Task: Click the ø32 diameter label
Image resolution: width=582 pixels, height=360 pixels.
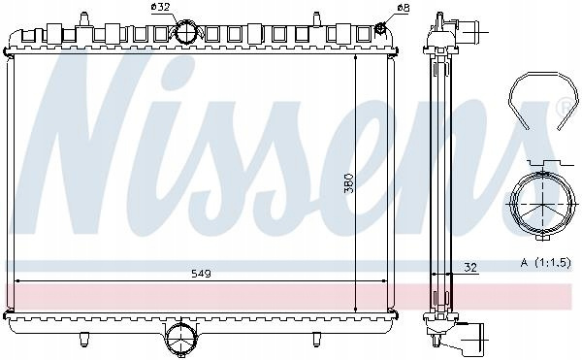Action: pyautogui.click(x=160, y=8)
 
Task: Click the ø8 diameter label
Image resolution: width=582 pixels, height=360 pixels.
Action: pyautogui.click(x=403, y=8)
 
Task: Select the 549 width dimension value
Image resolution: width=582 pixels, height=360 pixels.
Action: pyautogui.click(x=201, y=274)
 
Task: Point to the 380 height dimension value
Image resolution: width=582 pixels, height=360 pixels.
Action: pyautogui.click(x=349, y=183)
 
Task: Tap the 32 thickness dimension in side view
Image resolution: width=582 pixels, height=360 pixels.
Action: pyautogui.click(x=469, y=267)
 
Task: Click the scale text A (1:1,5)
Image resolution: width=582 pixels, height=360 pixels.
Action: pyautogui.click(x=545, y=263)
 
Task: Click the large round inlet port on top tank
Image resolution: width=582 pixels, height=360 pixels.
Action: pyautogui.click(x=186, y=32)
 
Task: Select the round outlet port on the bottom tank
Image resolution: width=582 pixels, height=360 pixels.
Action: pyautogui.click(x=180, y=338)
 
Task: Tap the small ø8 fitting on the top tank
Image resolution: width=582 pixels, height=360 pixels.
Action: pyautogui.click(x=380, y=28)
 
